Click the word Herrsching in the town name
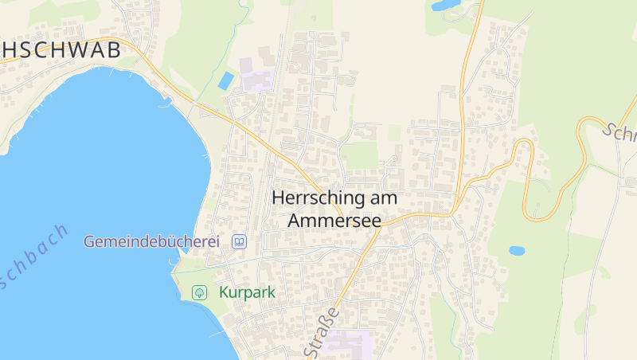318,198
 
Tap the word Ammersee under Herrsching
334,220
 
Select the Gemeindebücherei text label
151,241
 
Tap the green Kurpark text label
247,292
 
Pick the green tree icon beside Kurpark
199,292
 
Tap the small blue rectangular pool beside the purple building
226,80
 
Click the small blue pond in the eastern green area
517,250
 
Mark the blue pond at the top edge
445,5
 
